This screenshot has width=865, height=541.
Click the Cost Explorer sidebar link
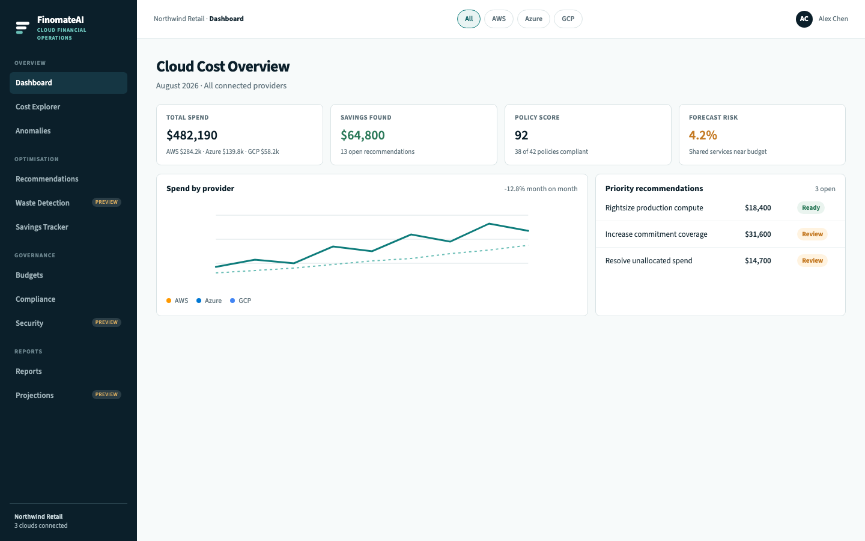(38, 106)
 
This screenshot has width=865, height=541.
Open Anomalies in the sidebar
(33, 130)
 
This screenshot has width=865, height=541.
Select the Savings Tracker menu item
(41, 227)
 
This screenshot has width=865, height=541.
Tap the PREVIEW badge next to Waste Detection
(106, 202)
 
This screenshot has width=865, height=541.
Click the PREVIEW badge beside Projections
(106, 394)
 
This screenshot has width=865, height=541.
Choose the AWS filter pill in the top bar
(499, 19)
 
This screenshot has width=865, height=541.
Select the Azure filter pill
(533, 19)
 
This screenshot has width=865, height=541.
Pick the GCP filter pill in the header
(568, 19)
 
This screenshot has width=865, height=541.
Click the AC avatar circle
(804, 19)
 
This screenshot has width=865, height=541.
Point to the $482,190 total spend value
(192, 135)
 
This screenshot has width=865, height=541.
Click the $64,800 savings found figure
(363, 135)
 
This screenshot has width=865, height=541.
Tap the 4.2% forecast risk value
(703, 135)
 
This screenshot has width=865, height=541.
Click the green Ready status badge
(810, 207)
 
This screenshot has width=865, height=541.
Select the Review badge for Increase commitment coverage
(812, 234)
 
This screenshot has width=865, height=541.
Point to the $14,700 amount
(757, 261)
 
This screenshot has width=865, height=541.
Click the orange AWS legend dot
(169, 301)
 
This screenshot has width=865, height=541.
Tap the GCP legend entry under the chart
(240, 301)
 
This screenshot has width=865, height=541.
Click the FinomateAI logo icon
(22, 28)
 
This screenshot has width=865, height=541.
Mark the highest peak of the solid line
(489, 224)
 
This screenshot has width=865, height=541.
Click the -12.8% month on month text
(541, 189)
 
